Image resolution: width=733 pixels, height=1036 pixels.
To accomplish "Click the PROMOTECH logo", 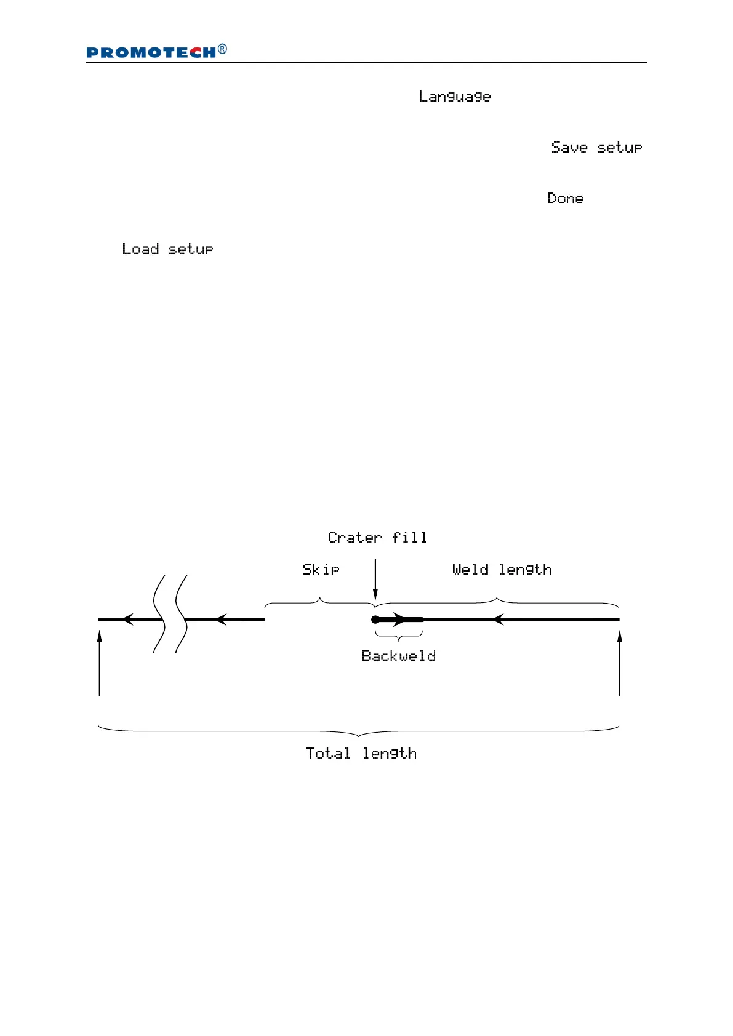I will (151, 53).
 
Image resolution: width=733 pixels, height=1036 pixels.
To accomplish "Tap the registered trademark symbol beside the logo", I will (223, 49).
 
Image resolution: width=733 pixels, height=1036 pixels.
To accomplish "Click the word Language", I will (454, 97).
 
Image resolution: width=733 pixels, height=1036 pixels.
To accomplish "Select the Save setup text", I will (596, 148).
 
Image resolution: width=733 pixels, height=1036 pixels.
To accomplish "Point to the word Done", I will (565, 198).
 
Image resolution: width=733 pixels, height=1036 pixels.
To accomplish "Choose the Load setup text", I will (167, 249).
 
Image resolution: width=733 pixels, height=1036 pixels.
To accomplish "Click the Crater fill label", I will (377, 538).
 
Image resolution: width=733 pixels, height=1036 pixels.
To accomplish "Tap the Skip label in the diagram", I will (321, 570).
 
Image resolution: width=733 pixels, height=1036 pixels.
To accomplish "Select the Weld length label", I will (502, 570).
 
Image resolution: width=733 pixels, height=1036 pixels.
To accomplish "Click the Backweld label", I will (399, 656).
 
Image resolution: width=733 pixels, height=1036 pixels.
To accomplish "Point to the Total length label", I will (361, 754).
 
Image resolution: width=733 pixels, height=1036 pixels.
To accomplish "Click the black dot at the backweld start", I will (375, 620).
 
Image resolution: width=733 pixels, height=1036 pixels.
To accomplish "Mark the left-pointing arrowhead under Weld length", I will (499, 620).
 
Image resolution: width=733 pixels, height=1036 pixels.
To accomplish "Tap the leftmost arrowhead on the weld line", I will (127, 620).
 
